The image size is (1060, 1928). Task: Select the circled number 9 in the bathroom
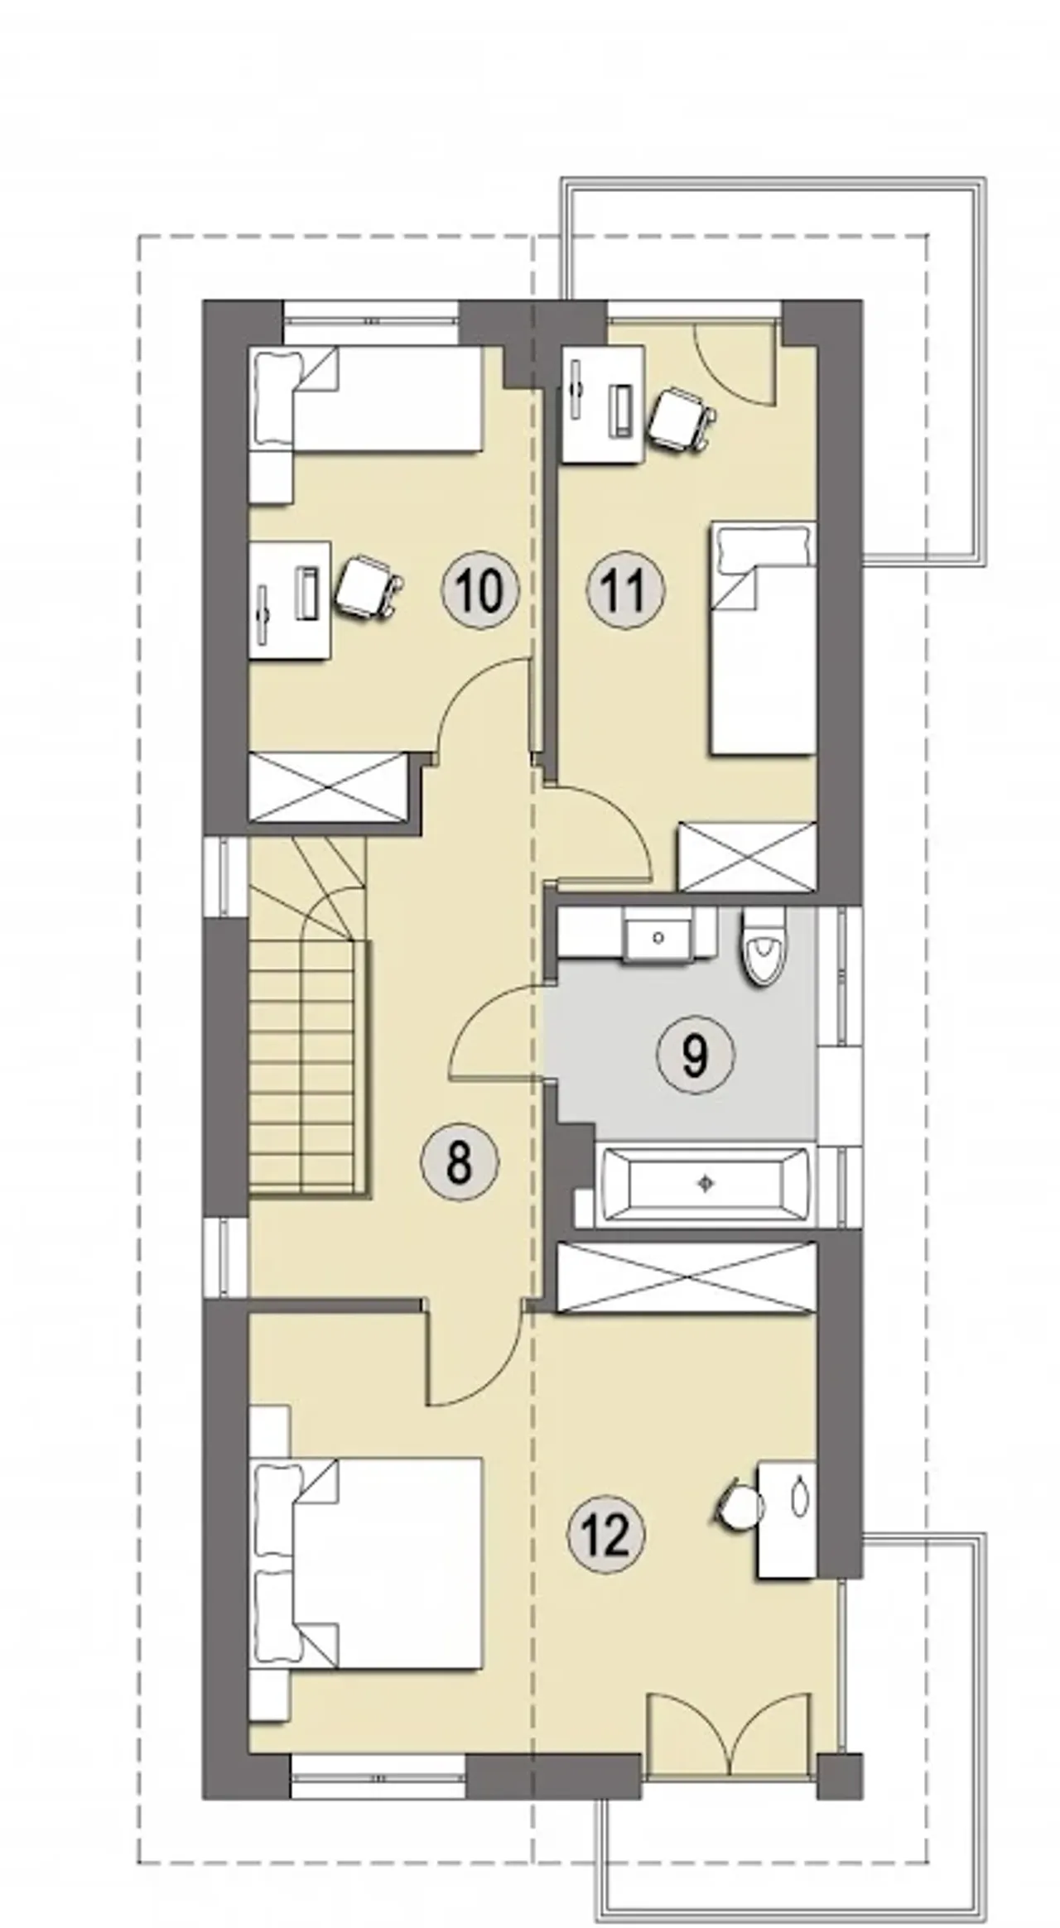(x=696, y=1054)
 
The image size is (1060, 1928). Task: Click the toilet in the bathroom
(x=763, y=947)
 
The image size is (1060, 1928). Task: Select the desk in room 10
(x=290, y=600)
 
